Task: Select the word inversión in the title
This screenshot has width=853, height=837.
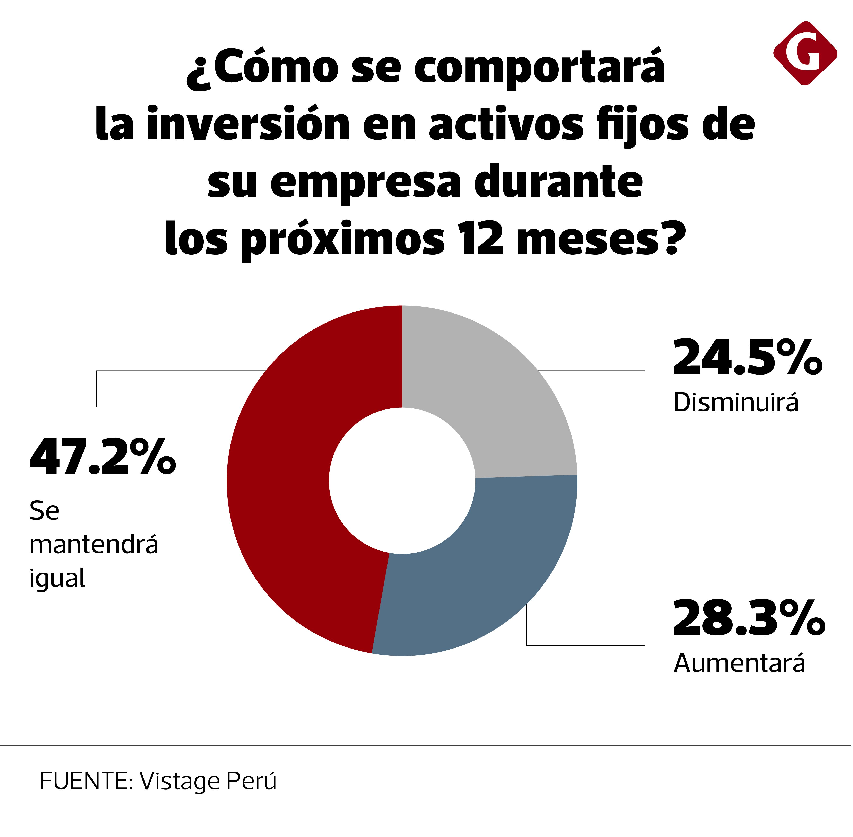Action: tap(249, 125)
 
